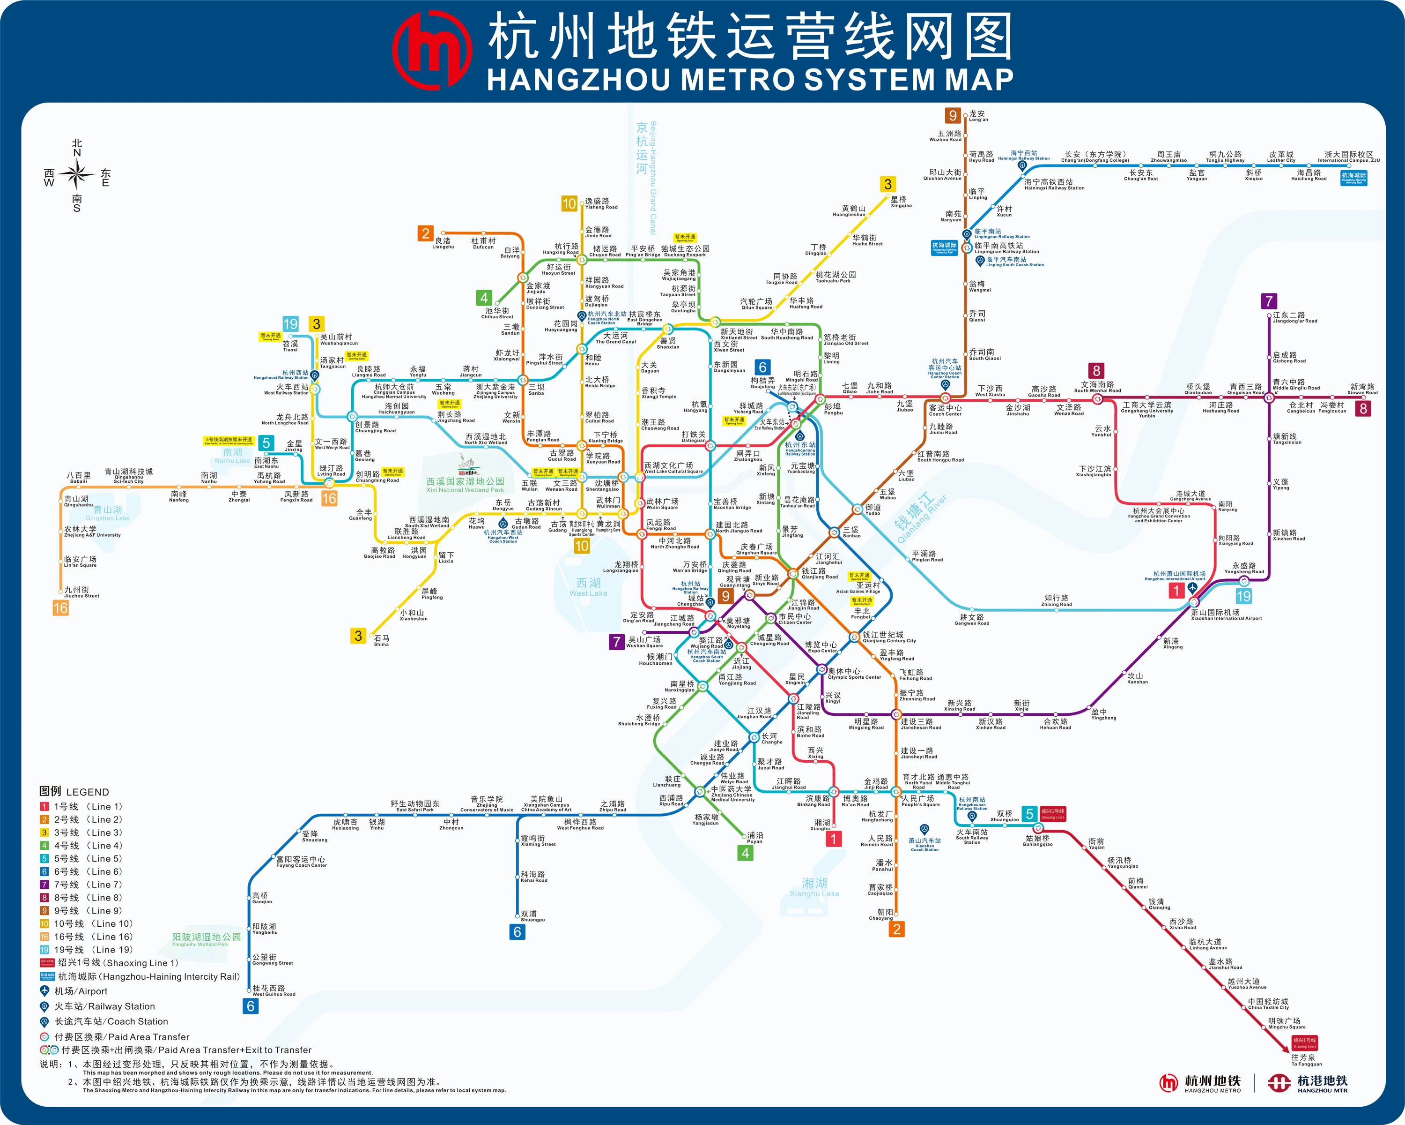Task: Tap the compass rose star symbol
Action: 77,174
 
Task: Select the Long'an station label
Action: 977,116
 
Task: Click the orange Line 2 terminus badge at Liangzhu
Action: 426,233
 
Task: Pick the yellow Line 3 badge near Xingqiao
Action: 887,185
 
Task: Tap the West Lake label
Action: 588,587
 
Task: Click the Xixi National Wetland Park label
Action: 466,485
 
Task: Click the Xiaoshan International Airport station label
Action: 1225,615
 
